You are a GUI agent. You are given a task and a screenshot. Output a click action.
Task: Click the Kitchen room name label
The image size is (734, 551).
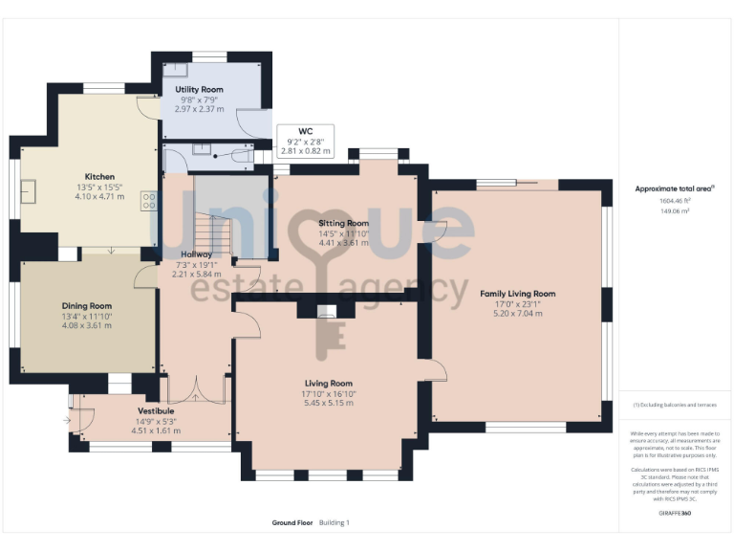click(x=99, y=177)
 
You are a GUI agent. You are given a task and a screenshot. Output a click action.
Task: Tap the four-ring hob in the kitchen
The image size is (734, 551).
click(x=149, y=201)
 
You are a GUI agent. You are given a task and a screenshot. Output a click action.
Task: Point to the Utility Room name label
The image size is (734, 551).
click(x=199, y=89)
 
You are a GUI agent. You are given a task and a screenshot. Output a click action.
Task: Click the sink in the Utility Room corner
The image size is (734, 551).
click(x=176, y=69)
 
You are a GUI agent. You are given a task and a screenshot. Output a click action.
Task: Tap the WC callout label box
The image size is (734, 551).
click(x=305, y=141)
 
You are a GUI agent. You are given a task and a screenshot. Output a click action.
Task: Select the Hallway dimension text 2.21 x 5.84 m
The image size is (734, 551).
click(x=198, y=274)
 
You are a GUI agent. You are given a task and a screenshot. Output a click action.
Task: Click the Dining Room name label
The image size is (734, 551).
click(x=88, y=306)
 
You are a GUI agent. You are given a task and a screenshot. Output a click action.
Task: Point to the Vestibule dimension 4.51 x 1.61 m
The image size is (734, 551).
click(x=155, y=430)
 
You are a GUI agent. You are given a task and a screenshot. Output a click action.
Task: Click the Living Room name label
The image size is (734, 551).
click(x=329, y=383)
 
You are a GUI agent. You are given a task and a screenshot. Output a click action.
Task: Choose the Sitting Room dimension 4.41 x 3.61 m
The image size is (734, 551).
click(x=343, y=243)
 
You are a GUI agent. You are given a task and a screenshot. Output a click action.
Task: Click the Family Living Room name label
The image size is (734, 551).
click(x=517, y=294)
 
